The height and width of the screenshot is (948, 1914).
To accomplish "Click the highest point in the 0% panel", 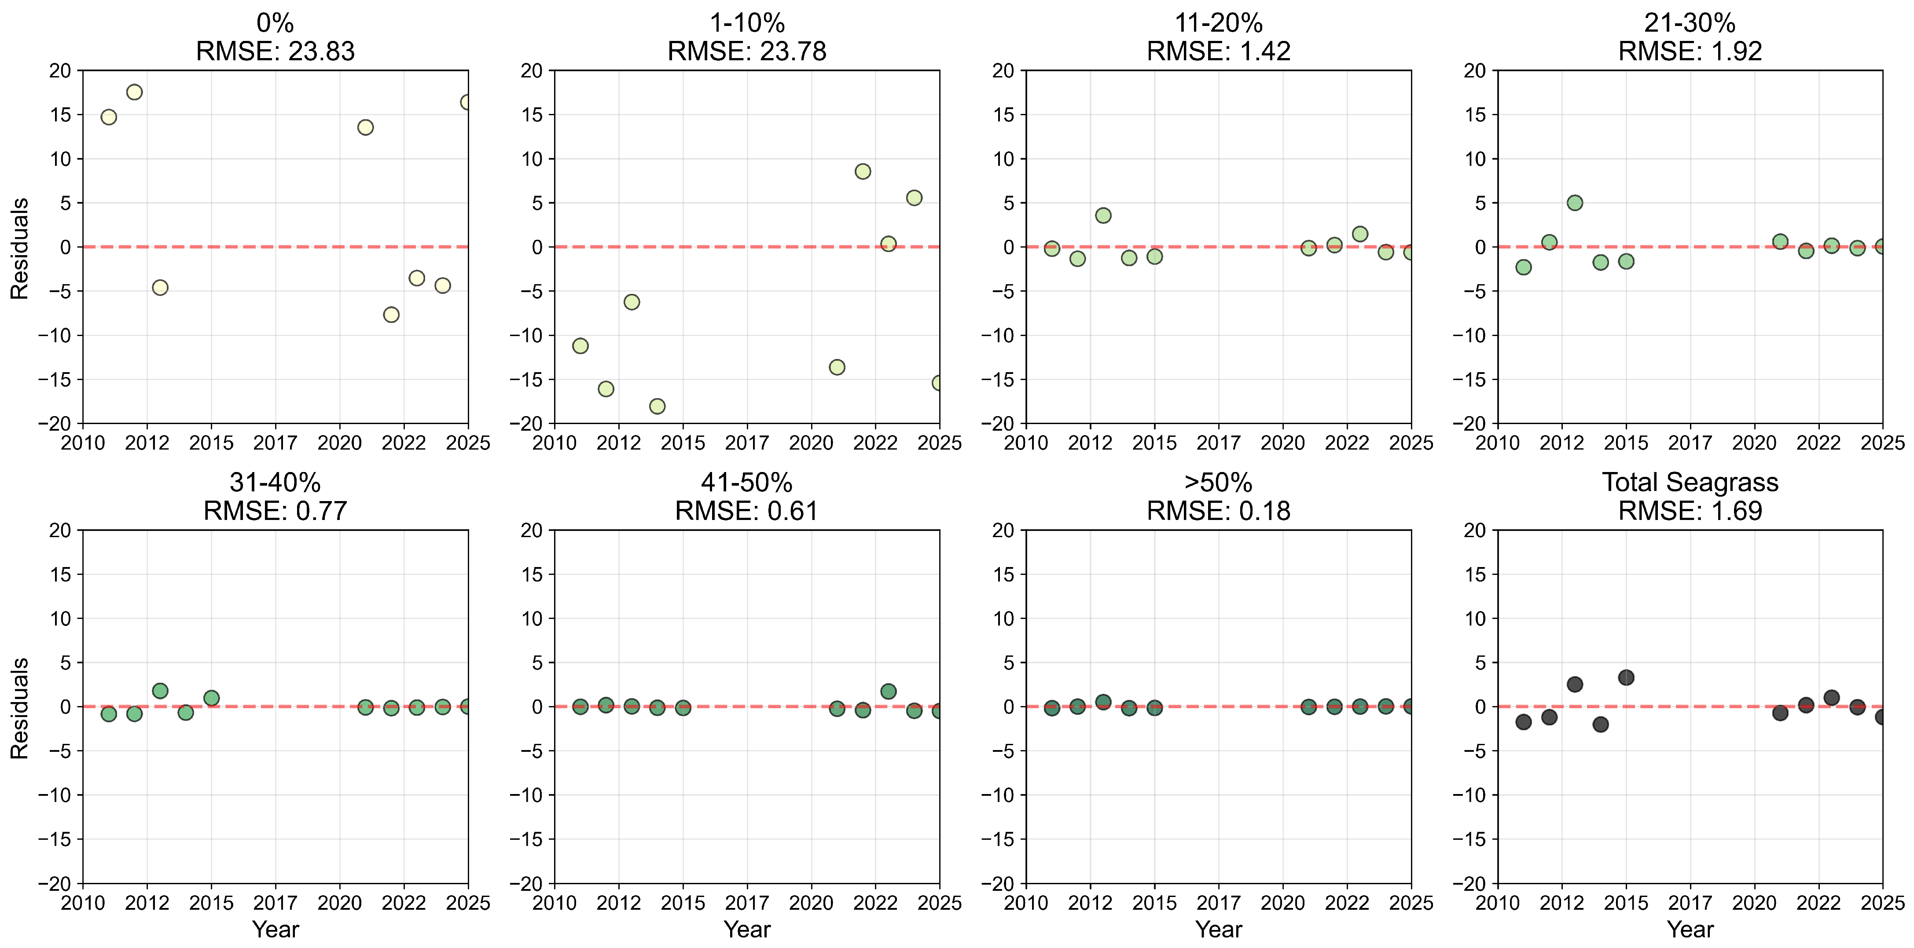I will pos(135,92).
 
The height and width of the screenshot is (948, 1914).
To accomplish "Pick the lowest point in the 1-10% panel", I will pos(657,406).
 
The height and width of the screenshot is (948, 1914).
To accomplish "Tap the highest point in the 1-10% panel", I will pos(863,172).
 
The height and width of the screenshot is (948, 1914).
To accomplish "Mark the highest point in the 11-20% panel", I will pos(1103,216).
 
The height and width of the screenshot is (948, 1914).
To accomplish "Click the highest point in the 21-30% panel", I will pos(1574,203).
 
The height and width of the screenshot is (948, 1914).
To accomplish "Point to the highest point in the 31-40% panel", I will pos(160,691).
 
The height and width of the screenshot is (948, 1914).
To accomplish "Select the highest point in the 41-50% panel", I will pos(888,692).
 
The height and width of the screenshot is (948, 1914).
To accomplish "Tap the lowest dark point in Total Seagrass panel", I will pos(1601,725).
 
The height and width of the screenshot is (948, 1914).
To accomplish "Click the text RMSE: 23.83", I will pos(275,51).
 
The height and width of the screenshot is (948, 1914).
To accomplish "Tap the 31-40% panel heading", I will pos(275,483).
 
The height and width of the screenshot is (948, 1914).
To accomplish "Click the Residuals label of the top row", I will pos(19,248).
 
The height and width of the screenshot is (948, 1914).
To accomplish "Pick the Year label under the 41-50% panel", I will pos(747,930).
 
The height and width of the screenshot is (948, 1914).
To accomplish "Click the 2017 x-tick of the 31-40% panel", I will pos(275,903).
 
